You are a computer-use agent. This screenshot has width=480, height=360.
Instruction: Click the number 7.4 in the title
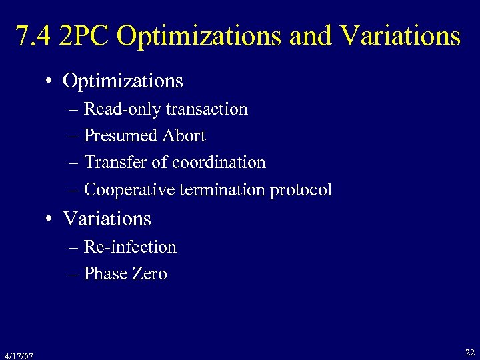pyautogui.click(x=33, y=37)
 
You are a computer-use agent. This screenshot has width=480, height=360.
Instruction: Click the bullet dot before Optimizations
pyautogui.click(x=50, y=82)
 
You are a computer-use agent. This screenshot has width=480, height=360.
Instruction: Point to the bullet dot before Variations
pyautogui.click(x=50, y=220)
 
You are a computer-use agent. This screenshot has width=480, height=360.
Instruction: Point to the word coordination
pyautogui.click(x=219, y=163)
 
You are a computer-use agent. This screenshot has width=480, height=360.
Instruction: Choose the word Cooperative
pyautogui.click(x=127, y=190)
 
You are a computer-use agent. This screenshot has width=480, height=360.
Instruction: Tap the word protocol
pyautogui.click(x=301, y=190)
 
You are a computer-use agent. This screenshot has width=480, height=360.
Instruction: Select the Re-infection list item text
pyautogui.click(x=130, y=247)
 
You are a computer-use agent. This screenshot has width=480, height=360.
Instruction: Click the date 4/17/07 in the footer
pyautogui.click(x=18, y=355)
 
